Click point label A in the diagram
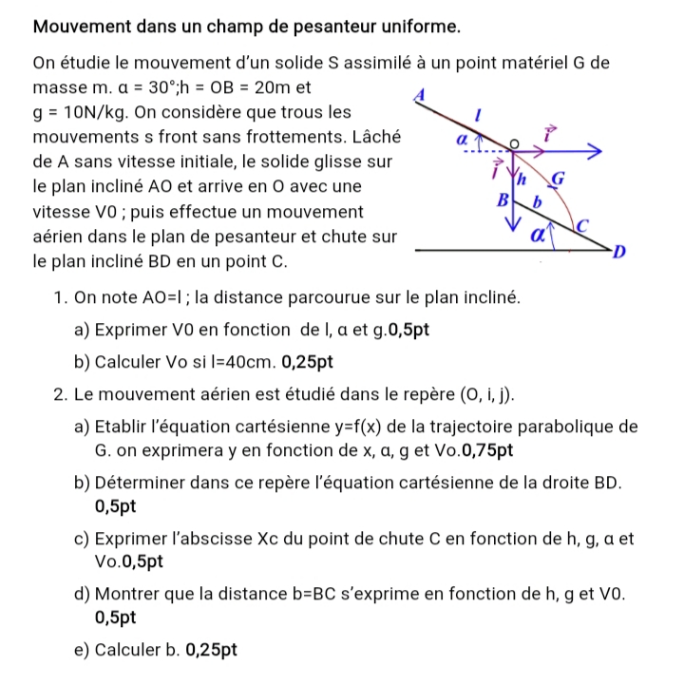click(415, 93)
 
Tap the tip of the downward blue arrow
click(514, 230)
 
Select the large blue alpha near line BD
click(539, 233)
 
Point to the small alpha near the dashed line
click(462, 139)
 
